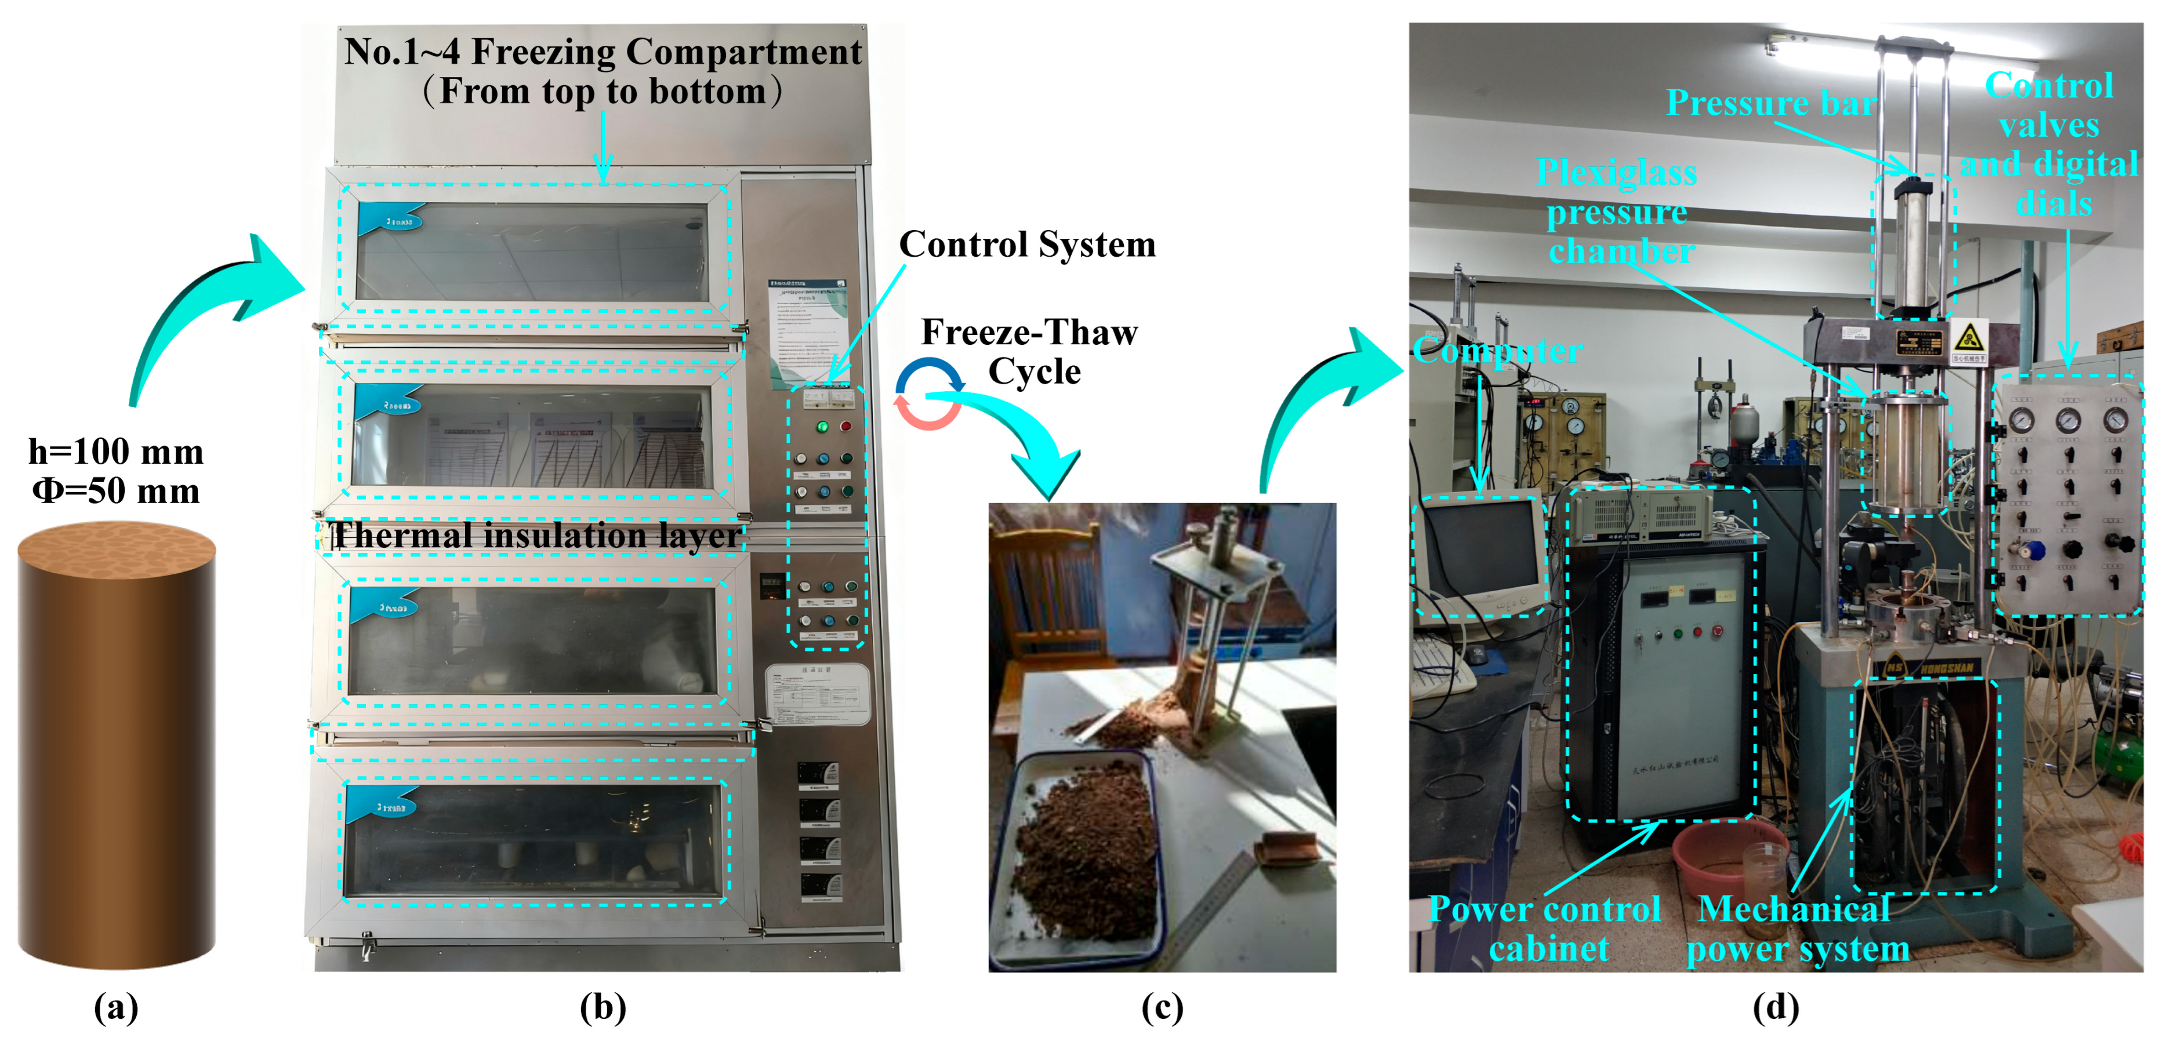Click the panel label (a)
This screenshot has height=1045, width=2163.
116,1007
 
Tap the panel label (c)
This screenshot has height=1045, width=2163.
1162,1007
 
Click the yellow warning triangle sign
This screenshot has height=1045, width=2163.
1968,339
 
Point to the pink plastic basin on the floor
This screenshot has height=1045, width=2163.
1721,856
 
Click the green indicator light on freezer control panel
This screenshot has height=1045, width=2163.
822,427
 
